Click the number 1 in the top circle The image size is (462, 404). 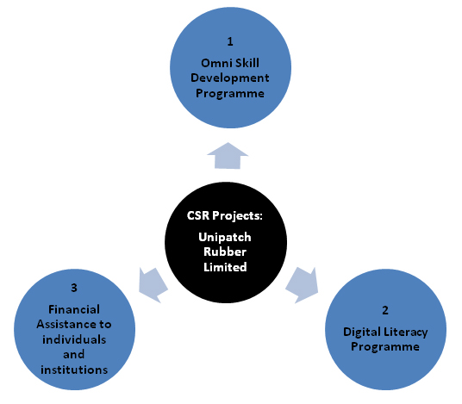(x=230, y=41)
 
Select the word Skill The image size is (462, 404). (x=247, y=63)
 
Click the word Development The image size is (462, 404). (x=230, y=78)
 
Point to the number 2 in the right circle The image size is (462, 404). (x=385, y=310)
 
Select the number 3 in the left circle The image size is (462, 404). (x=74, y=288)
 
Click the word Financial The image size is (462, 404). (x=74, y=309)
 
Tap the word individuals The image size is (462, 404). (x=74, y=339)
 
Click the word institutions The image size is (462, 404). (x=74, y=370)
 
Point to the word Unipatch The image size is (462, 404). (x=225, y=238)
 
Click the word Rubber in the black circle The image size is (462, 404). (x=225, y=252)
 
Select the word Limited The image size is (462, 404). (x=225, y=267)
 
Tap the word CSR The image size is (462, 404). (x=198, y=215)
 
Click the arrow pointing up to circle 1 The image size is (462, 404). (x=228, y=156)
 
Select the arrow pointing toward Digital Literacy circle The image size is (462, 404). (x=303, y=285)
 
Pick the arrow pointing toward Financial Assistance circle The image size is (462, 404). (x=153, y=285)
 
